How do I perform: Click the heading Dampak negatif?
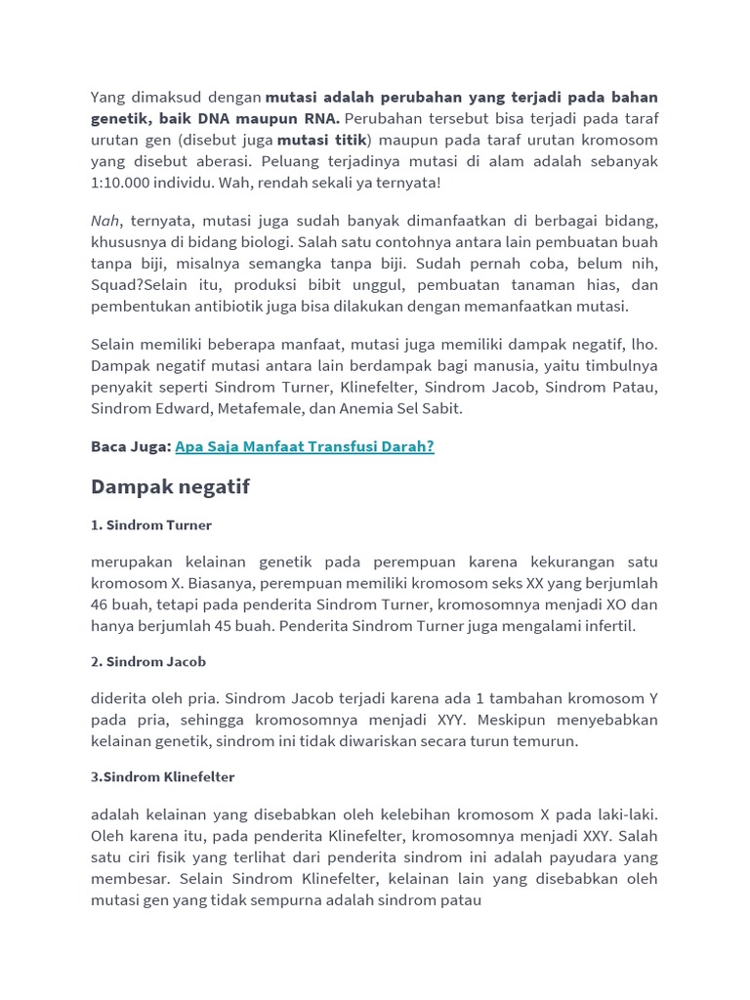[170, 486]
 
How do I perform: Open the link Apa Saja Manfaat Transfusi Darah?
[304, 446]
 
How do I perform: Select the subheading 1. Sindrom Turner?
[151, 525]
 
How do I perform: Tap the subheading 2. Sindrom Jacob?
[148, 661]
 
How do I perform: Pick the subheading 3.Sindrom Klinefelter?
[162, 777]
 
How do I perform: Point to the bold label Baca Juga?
[131, 446]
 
